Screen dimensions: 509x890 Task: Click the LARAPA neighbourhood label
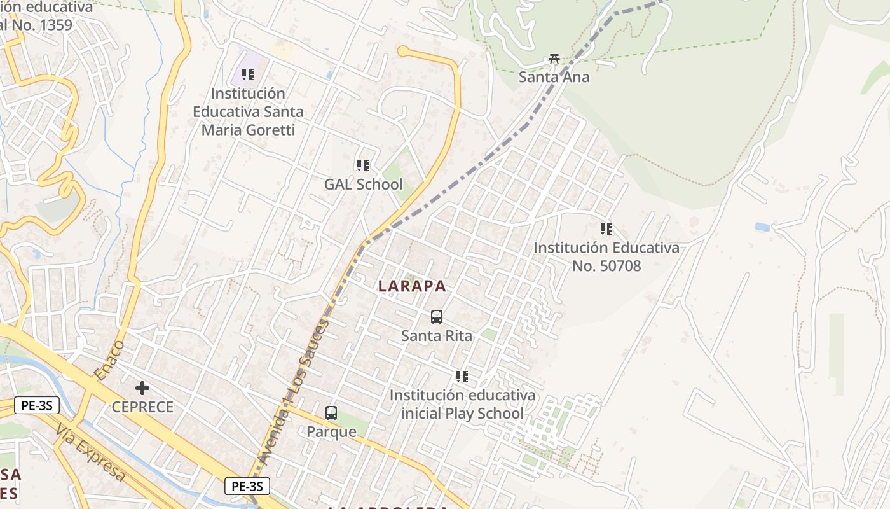point(412,286)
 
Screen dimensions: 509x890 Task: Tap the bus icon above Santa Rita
point(437,316)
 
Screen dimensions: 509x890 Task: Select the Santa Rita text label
point(437,335)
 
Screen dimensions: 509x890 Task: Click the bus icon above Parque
point(331,412)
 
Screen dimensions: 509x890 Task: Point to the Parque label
point(331,432)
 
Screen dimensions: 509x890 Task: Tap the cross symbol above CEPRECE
point(142,387)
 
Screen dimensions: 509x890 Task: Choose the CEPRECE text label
point(142,407)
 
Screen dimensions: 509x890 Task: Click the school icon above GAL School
point(363,165)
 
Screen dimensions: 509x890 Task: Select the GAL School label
point(363,185)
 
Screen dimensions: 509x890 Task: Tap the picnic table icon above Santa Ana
point(554,59)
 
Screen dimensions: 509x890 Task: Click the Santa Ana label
point(554,78)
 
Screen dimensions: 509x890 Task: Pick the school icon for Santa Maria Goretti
point(248,74)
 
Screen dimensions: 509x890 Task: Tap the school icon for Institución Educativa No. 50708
point(606,228)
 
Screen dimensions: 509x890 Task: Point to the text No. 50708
point(606,266)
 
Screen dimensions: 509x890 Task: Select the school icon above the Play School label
point(462,377)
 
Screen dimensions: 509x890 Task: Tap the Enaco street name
point(109,360)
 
